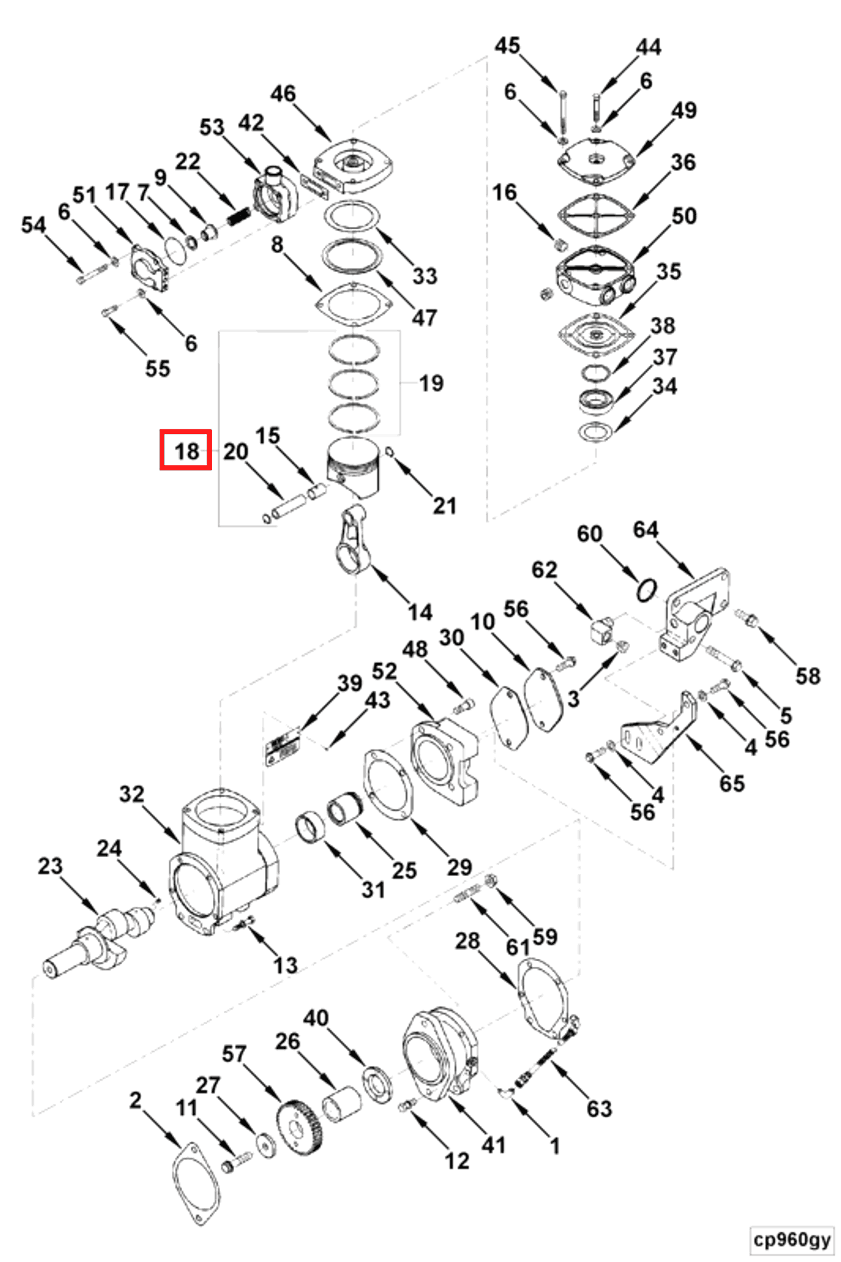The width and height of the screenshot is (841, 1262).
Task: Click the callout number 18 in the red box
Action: click(186, 451)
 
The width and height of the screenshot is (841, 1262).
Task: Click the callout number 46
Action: click(283, 94)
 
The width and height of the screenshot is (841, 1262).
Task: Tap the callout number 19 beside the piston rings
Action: click(431, 383)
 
